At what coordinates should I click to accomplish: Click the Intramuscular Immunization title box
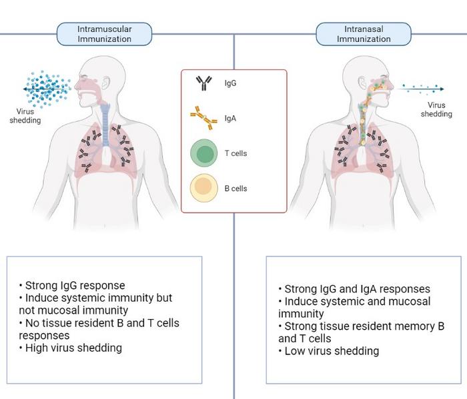point(104,34)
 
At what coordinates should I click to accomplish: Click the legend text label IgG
point(230,85)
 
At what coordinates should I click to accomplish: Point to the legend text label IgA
point(230,119)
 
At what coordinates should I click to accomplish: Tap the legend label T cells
point(236,153)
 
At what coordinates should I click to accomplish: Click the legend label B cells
point(236,189)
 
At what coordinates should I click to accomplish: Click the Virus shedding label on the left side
point(29,116)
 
